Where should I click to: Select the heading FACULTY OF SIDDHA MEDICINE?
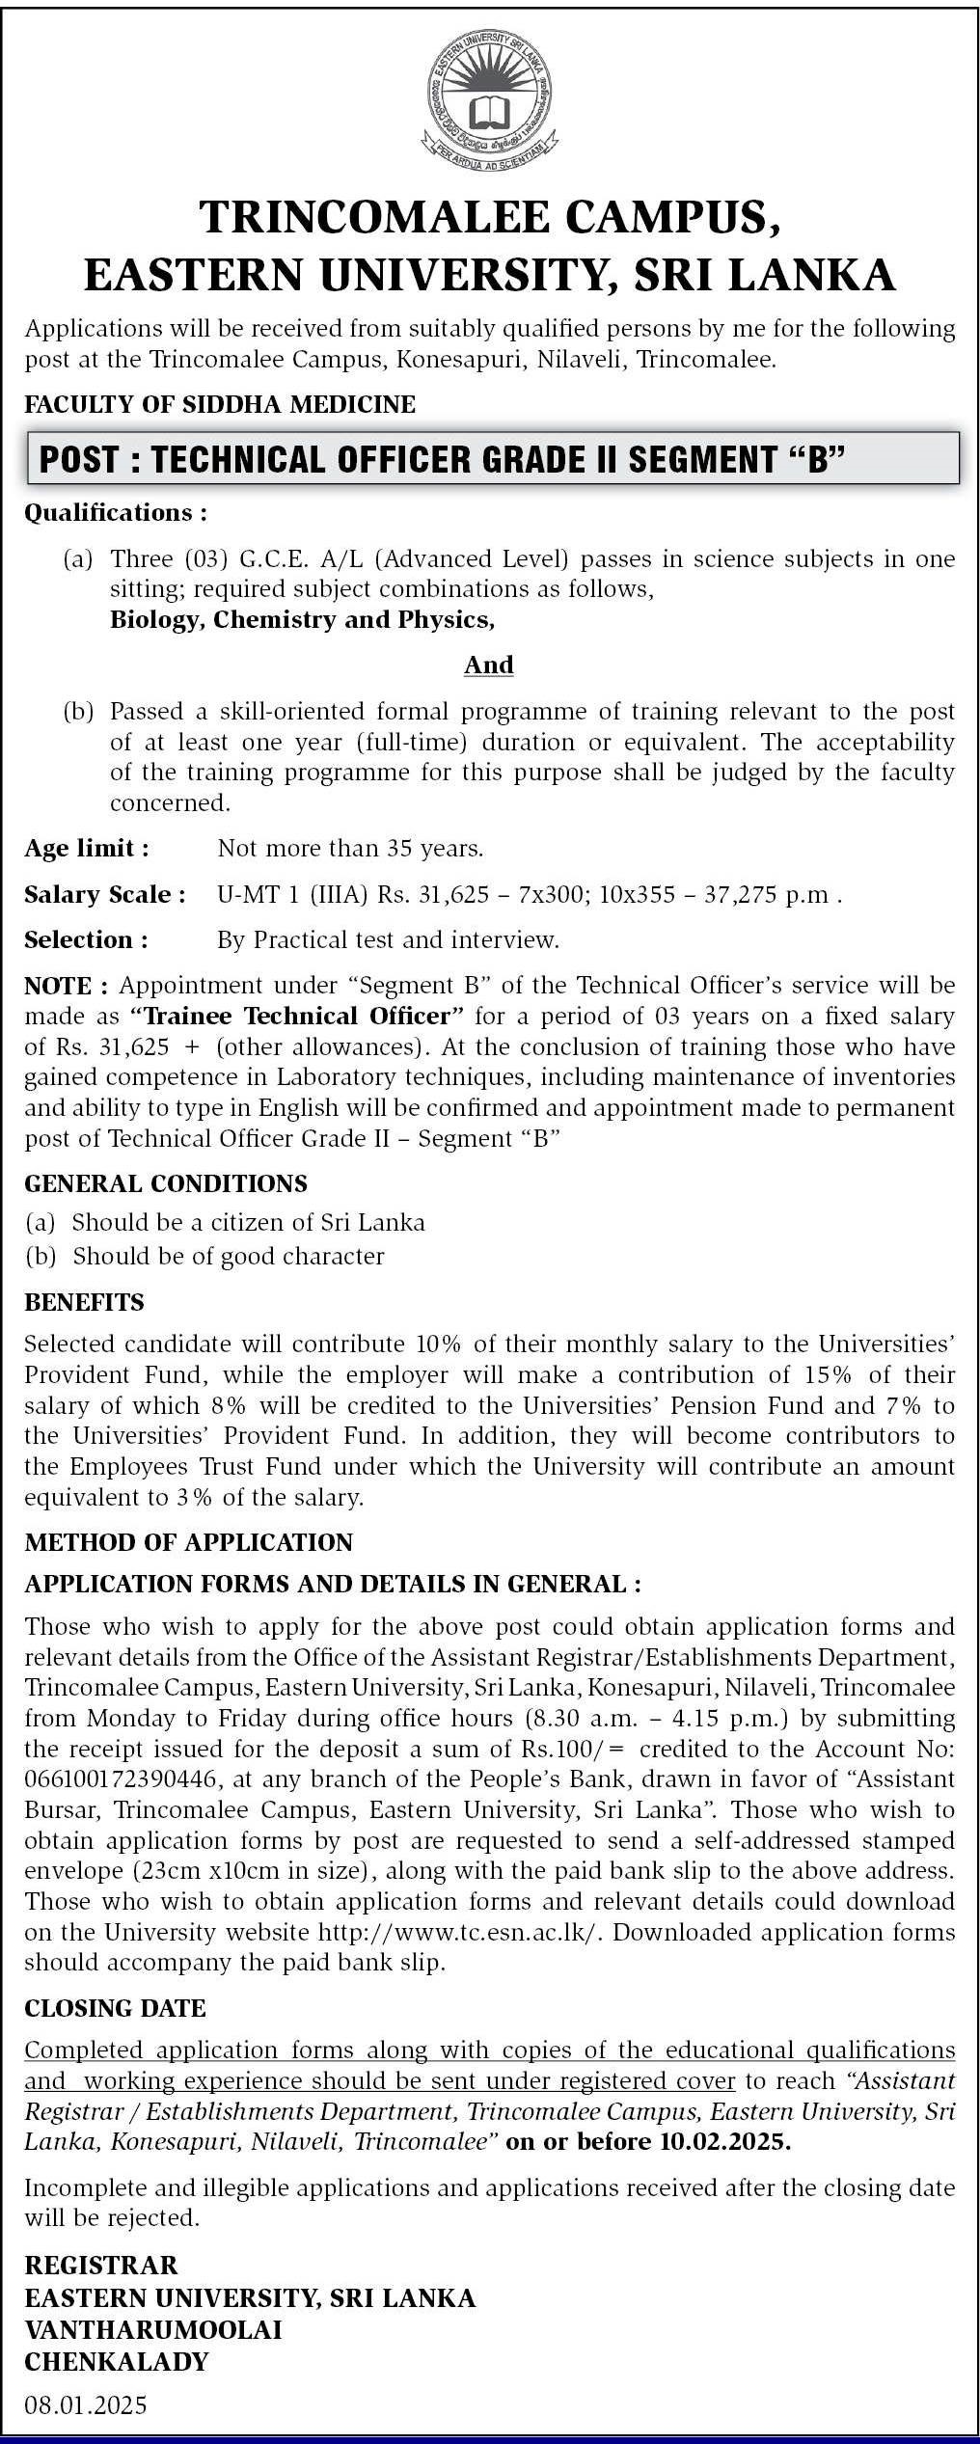click(220, 404)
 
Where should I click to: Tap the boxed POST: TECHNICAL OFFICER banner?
click(492, 458)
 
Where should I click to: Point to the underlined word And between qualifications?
click(489, 665)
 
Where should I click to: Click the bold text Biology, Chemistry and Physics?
click(302, 619)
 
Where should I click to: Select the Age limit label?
click(87, 849)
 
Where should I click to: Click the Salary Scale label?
click(104, 895)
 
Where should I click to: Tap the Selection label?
click(86, 939)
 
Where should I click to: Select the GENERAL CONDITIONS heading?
click(166, 1183)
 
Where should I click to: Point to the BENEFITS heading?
click(84, 1303)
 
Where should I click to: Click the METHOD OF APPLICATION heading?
click(189, 1542)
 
